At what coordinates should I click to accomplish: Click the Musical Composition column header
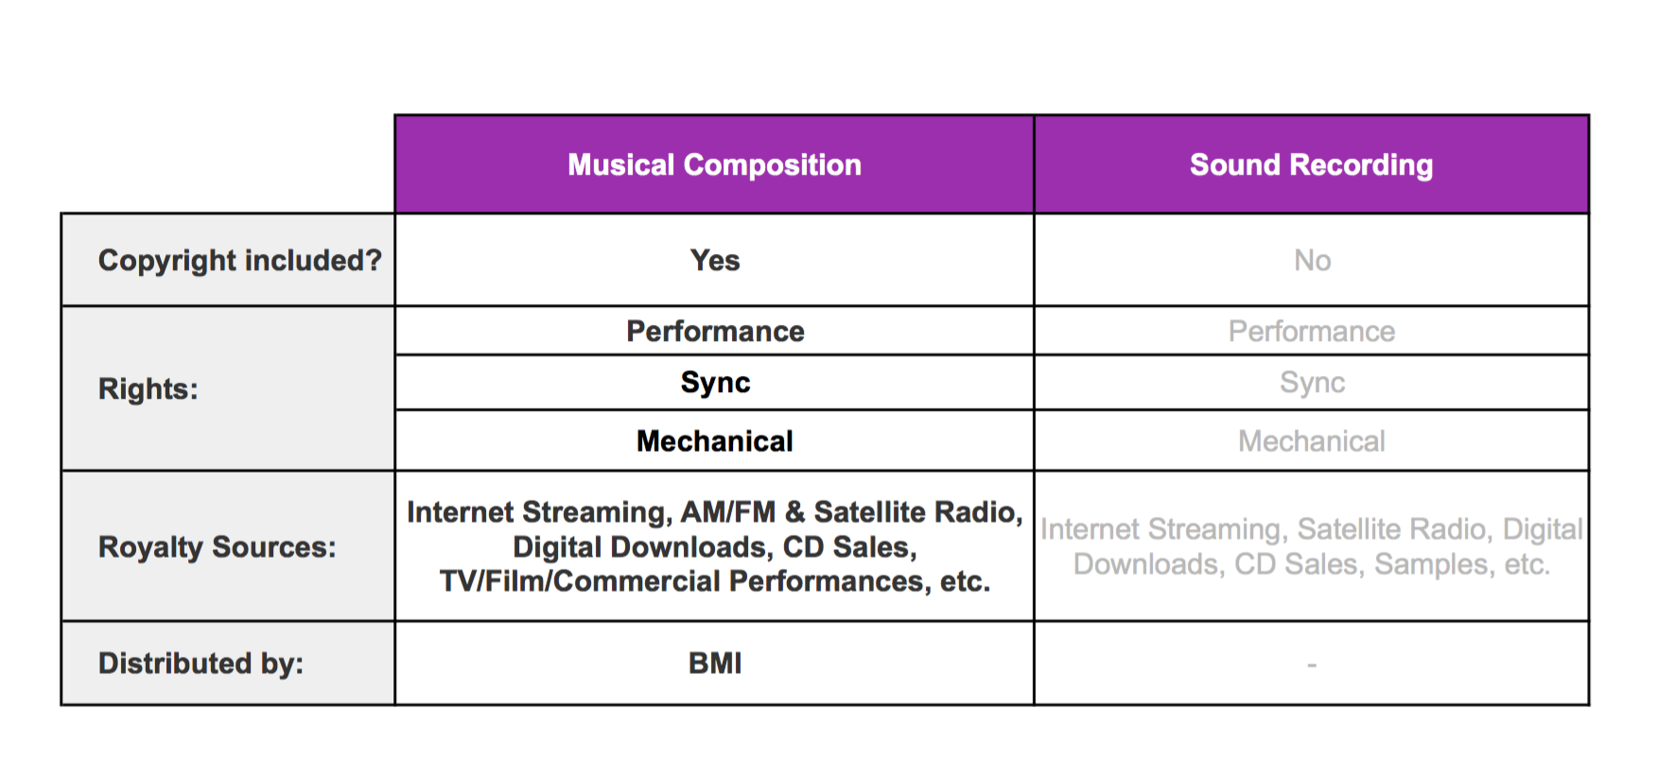(714, 165)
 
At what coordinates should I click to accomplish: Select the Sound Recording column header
(1311, 165)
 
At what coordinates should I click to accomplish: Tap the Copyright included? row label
(239, 260)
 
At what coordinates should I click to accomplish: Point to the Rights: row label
(148, 388)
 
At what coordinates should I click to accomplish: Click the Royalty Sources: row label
(218, 547)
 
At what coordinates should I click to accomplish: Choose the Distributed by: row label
(201, 663)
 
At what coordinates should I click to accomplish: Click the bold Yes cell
(715, 260)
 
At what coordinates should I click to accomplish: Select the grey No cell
(1312, 260)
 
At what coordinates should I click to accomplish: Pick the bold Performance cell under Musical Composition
(715, 331)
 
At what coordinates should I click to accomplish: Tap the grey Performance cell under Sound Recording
(1312, 331)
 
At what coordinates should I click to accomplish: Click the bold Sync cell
(715, 382)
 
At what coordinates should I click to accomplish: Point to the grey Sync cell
(1312, 382)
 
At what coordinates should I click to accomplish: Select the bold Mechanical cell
(715, 440)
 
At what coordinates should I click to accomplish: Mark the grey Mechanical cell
(1312, 440)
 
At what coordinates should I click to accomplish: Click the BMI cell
(715, 663)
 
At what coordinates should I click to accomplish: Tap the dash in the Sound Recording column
(1312, 665)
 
